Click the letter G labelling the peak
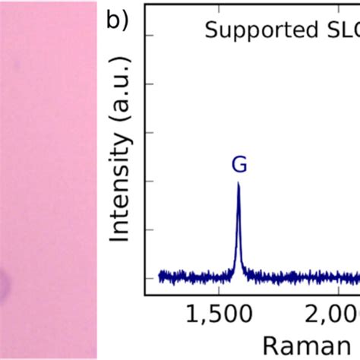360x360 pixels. (x=238, y=163)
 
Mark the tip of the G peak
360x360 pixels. (x=238, y=183)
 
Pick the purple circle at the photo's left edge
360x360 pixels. (x=3, y=286)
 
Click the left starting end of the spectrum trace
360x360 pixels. (x=159, y=276)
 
